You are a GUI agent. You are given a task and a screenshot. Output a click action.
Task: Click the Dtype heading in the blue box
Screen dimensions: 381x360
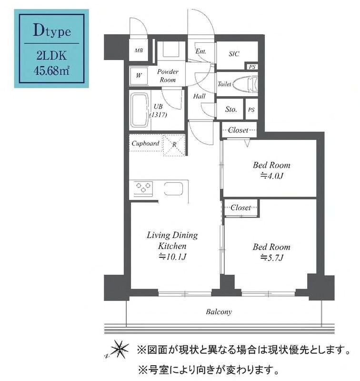point(52,32)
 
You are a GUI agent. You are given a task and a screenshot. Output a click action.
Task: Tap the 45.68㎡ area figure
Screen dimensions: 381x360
point(52,72)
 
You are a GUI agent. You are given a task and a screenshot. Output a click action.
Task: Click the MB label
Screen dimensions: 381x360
point(138,50)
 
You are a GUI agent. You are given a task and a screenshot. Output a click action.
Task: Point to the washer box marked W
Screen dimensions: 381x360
point(139,75)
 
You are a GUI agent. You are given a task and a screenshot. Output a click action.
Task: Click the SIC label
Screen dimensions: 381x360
point(234,54)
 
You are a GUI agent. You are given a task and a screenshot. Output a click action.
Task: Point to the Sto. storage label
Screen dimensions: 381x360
point(231,110)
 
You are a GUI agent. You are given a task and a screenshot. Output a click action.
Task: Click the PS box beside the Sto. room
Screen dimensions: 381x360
point(251,110)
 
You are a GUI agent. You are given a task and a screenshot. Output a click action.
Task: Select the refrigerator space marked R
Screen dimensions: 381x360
point(174,143)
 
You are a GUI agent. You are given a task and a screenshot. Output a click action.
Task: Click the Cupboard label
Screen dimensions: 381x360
point(145,143)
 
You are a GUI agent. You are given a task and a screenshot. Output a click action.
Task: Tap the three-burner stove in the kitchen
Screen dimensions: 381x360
point(143,188)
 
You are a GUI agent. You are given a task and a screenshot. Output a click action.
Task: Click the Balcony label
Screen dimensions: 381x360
point(219,312)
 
